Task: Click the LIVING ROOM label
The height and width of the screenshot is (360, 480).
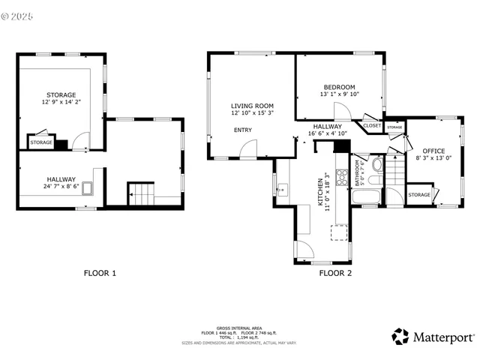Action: (x=252, y=106)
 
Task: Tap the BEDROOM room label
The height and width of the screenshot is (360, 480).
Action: (x=340, y=87)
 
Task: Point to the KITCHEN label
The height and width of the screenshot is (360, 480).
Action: (x=320, y=191)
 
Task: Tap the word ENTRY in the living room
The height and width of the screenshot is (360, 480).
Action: (x=243, y=130)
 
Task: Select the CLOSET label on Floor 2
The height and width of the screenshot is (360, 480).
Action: (x=372, y=125)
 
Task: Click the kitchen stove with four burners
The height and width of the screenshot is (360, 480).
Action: (x=342, y=178)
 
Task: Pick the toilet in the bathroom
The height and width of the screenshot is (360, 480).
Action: (x=377, y=164)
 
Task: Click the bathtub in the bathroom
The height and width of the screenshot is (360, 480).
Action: (x=367, y=199)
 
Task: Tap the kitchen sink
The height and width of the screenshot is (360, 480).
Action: (x=282, y=190)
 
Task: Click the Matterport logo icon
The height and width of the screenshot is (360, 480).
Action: (x=400, y=337)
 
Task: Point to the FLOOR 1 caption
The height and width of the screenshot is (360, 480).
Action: (x=99, y=273)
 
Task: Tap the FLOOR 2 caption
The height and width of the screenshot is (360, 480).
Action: (x=335, y=273)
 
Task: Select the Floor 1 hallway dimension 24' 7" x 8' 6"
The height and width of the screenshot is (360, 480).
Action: (x=61, y=187)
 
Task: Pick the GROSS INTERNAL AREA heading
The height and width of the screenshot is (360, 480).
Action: (x=238, y=328)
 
